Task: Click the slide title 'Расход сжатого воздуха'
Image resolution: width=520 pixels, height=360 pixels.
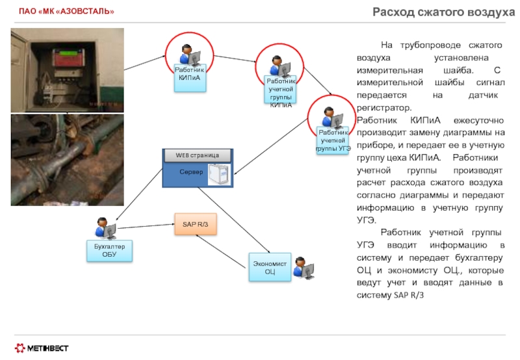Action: [x=444, y=12]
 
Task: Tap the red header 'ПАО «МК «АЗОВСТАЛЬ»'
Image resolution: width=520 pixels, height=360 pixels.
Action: [x=66, y=11]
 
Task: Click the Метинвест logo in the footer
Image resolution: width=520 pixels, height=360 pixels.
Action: [x=42, y=348]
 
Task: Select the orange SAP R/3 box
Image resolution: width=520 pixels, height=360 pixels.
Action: [x=196, y=224]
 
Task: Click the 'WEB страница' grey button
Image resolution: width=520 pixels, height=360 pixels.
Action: [x=198, y=155]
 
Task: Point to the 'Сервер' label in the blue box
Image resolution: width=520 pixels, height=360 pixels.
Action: [x=191, y=172]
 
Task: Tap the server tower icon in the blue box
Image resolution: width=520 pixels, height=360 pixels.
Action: [x=219, y=174]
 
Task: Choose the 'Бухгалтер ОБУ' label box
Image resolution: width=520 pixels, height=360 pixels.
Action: [x=109, y=251]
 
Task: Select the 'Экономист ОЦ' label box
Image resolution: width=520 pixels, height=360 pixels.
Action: [x=270, y=267]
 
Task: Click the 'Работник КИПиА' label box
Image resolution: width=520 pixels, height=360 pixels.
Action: [x=190, y=77]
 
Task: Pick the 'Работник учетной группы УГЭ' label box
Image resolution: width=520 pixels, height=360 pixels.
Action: [x=333, y=140]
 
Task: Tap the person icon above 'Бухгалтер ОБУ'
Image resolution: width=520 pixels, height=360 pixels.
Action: [x=105, y=228]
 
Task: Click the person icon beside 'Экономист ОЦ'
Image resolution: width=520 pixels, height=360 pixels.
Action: [x=304, y=268]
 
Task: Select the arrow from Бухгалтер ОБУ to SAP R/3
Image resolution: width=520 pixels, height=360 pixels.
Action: [x=146, y=226]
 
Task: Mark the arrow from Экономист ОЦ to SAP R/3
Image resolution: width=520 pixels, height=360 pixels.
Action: [x=220, y=251]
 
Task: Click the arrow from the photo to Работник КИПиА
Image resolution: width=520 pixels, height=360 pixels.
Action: [x=144, y=63]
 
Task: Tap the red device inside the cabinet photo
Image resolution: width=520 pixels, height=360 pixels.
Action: [x=69, y=58]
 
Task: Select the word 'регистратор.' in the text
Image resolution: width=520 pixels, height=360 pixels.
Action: [x=384, y=108]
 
